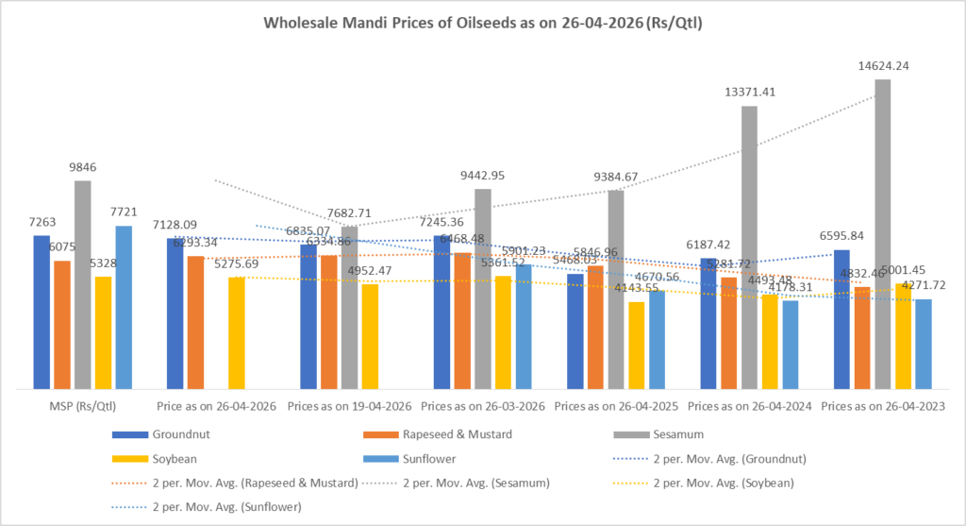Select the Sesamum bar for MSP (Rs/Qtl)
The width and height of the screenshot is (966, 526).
click(83, 284)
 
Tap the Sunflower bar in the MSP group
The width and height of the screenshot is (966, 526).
click(124, 307)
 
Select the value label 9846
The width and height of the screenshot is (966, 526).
click(83, 166)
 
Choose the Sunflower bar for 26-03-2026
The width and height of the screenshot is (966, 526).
click(523, 327)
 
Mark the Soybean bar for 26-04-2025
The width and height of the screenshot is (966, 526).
click(637, 346)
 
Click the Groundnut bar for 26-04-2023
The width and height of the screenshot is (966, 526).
click(842, 319)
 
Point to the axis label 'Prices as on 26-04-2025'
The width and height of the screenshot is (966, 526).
click(616, 405)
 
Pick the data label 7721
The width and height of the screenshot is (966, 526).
click(124, 212)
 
